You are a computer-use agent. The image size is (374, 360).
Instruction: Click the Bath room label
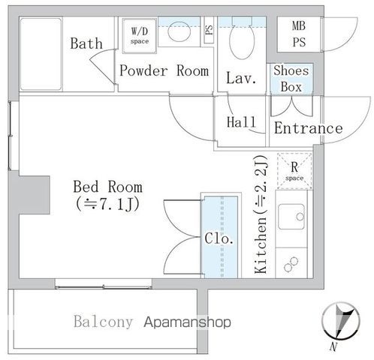[86, 43]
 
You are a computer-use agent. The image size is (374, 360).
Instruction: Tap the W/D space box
[140, 35]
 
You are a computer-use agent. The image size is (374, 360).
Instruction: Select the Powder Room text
[163, 71]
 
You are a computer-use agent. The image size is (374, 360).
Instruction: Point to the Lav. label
[242, 77]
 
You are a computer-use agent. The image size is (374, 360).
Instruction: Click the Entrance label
[307, 128]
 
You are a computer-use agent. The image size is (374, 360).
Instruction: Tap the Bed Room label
[107, 186]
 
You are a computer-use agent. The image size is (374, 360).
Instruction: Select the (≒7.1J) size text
[107, 203]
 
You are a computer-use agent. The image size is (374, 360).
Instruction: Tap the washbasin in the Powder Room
[179, 32]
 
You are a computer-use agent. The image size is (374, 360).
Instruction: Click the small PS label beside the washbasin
[209, 32]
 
